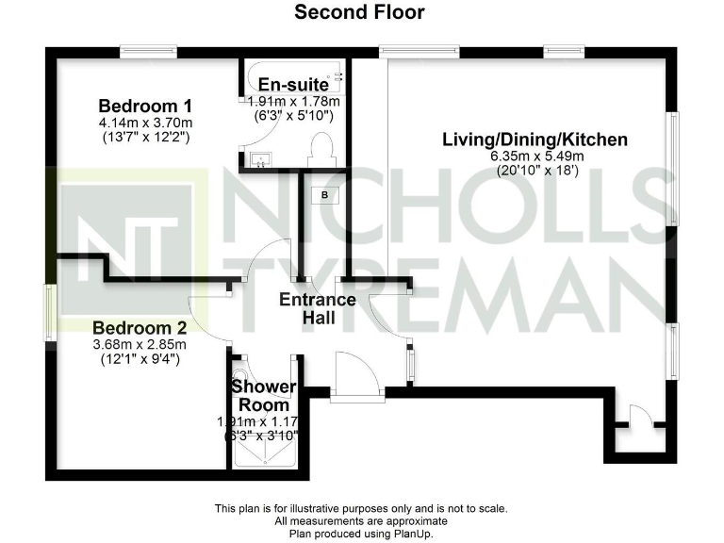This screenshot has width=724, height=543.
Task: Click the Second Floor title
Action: [359, 12]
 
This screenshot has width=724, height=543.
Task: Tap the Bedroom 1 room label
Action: [146, 105]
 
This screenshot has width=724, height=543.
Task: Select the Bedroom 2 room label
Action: [140, 328]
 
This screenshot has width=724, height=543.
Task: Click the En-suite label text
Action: [293, 84]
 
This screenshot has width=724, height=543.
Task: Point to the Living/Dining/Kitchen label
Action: [535, 140]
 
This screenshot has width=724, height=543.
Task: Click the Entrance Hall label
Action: [318, 309]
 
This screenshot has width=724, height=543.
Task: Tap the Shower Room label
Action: [264, 396]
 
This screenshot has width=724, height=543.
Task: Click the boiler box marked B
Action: [325, 195]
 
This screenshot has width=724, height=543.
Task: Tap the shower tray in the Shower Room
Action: [264, 451]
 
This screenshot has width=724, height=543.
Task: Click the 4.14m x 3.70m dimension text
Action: [146, 123]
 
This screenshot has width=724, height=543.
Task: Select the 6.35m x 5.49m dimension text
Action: [535, 157]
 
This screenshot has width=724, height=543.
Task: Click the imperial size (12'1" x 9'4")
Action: [140, 359]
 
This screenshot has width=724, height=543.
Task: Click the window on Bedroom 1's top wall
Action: [149, 52]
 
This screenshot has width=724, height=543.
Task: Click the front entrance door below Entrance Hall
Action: [357, 375]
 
